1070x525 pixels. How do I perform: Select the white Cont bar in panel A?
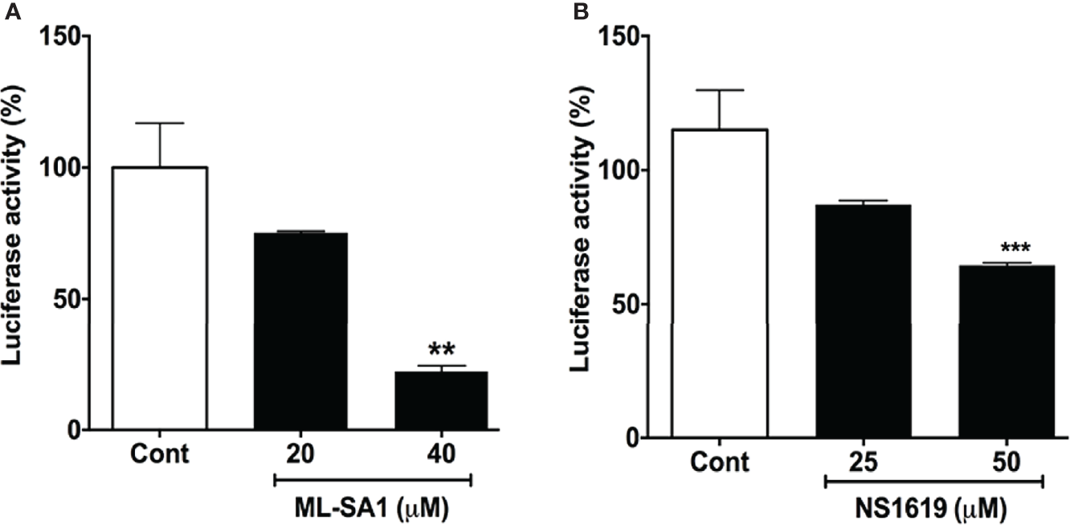click(x=160, y=297)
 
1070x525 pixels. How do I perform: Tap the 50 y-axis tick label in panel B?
click(x=632, y=305)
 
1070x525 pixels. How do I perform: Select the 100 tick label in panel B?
click(x=627, y=170)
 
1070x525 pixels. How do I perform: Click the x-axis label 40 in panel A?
click(x=441, y=454)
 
